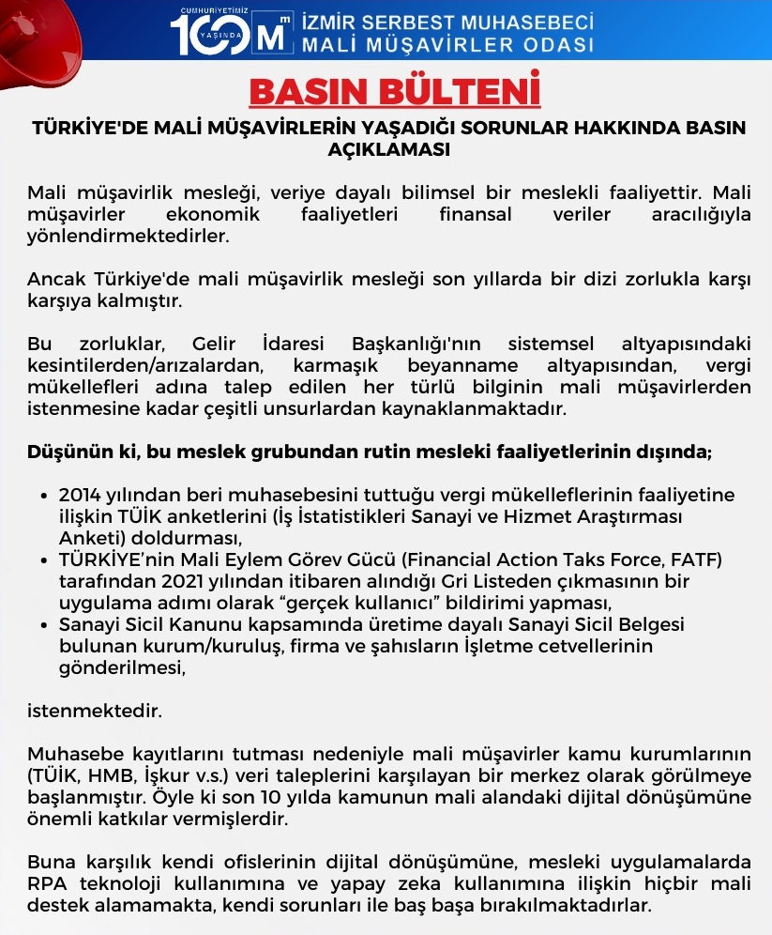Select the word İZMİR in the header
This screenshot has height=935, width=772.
click(334, 21)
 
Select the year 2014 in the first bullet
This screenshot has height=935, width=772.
click(80, 495)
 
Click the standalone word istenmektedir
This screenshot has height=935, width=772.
click(94, 711)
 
